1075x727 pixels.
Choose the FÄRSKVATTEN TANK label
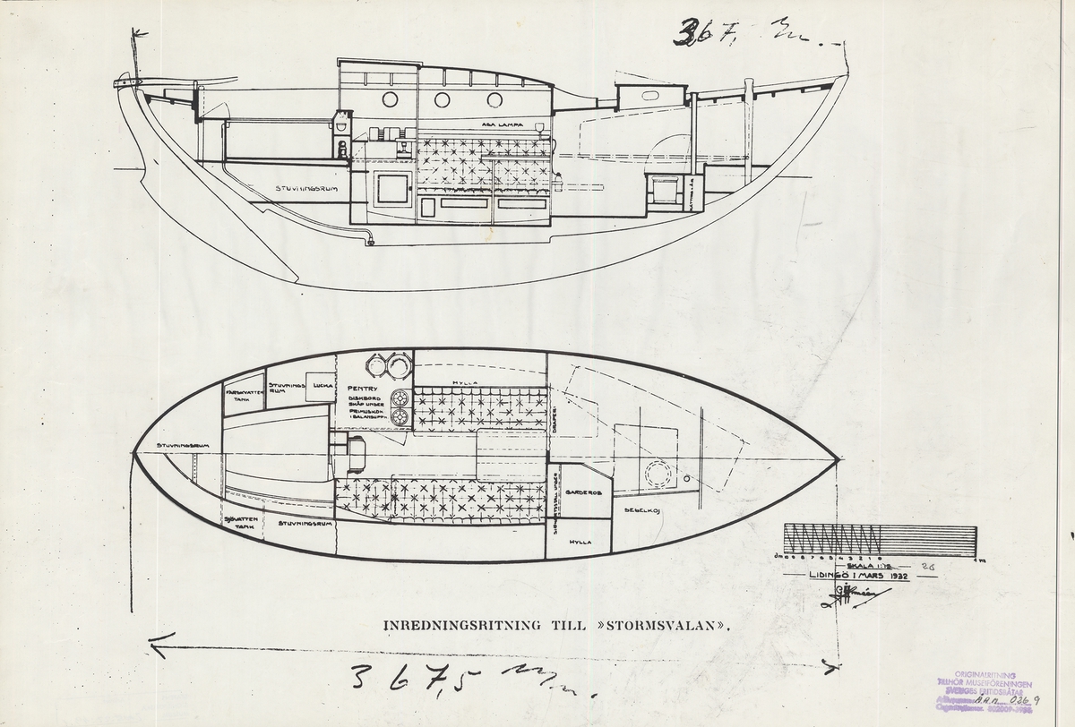[x=244, y=394]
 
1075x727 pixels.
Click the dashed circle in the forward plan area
[x=658, y=476]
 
